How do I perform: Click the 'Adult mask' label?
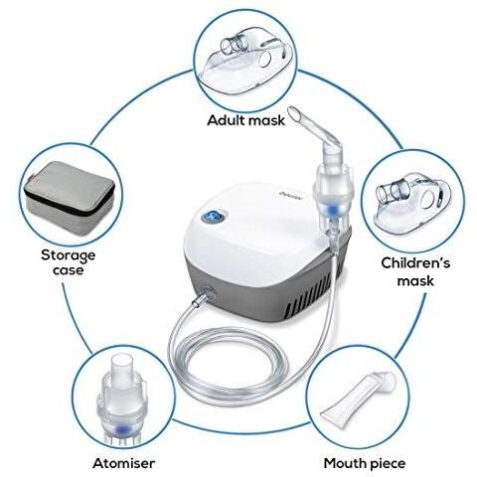coord(245,121)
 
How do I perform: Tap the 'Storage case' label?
coord(69,261)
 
